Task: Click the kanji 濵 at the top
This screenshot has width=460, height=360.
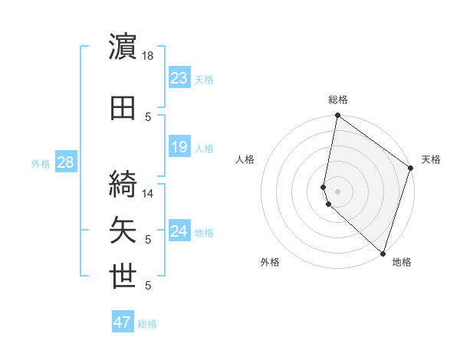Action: [123, 47]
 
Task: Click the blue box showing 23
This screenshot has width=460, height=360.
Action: [179, 78]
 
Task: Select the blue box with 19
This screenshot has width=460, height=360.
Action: [179, 147]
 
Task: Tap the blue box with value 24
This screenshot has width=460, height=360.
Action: [179, 231]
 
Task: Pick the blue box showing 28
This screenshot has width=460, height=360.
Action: [65, 162]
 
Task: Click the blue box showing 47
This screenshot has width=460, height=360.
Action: [123, 322]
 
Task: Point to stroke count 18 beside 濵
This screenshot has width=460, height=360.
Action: [149, 55]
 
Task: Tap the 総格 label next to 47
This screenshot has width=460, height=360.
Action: [147, 324]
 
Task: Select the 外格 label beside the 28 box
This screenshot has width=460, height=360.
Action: [41, 163]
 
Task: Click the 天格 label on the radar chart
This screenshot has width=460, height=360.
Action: [431, 159]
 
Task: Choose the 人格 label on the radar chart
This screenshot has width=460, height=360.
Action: [245, 159]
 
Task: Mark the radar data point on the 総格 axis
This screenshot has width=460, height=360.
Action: [337, 116]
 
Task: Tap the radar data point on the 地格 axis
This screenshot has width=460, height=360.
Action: [383, 254]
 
